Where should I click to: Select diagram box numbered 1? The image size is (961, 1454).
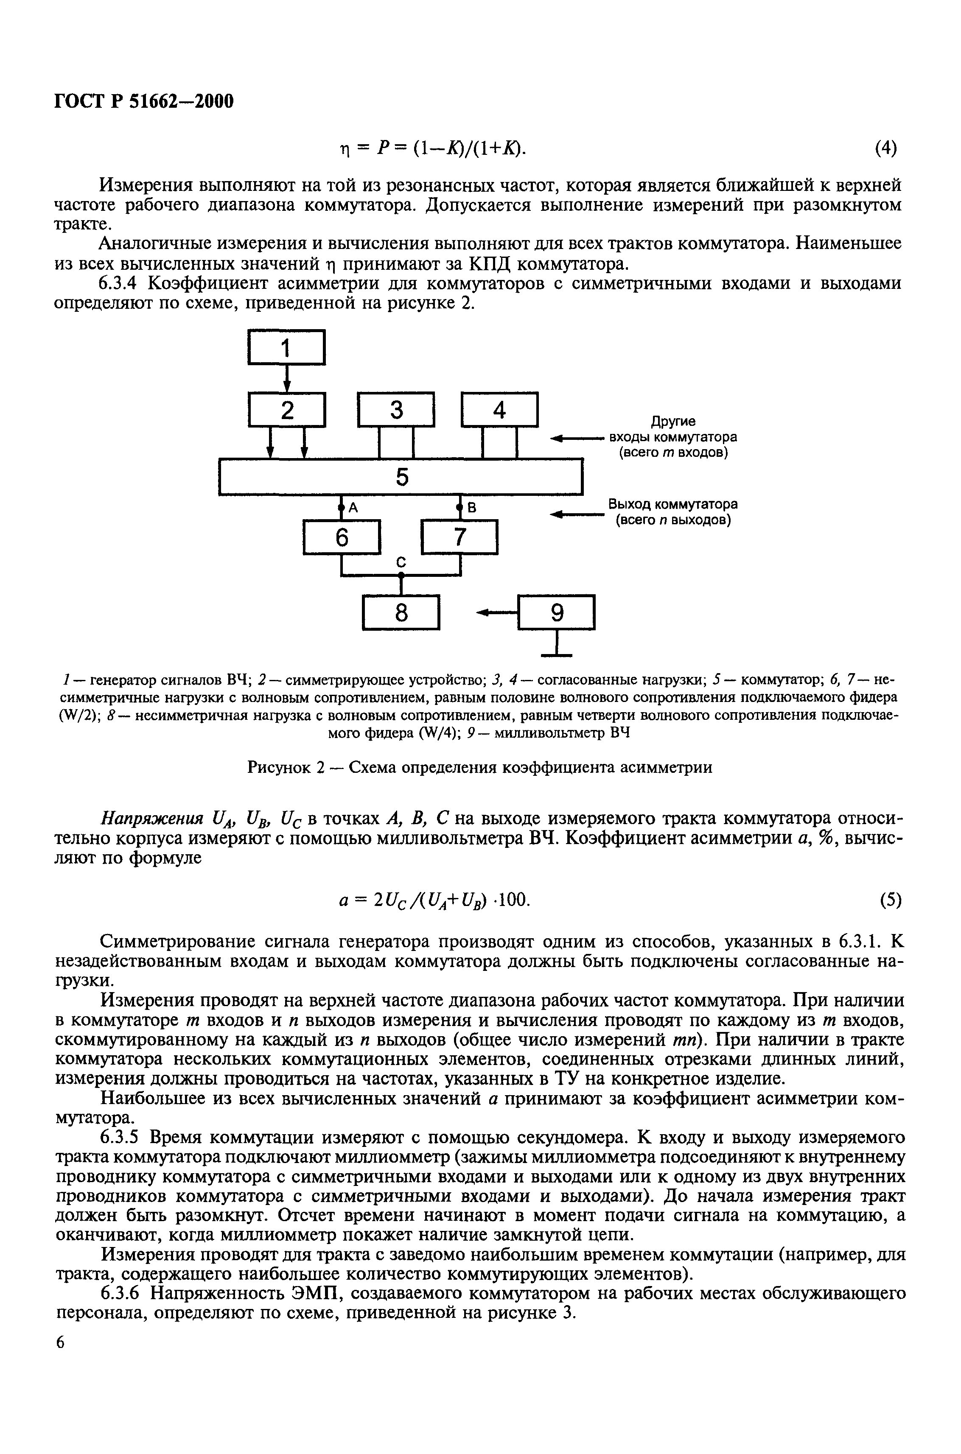286,347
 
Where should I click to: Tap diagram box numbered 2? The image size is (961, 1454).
286,409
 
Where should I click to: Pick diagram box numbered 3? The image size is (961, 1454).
396,409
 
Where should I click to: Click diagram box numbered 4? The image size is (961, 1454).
499,409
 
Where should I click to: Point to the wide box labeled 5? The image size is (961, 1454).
401,476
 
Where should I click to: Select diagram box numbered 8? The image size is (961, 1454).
401,612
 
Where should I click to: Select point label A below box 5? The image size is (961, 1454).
353,507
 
